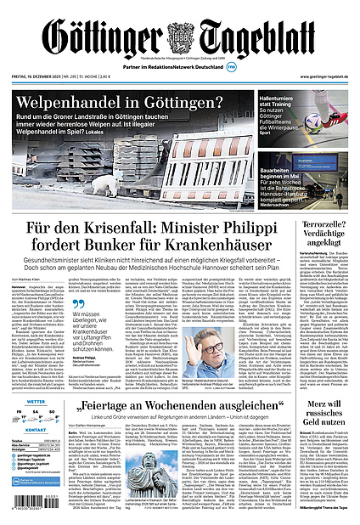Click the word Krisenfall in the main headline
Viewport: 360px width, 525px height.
127,229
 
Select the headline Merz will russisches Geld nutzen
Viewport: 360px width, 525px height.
323,409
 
